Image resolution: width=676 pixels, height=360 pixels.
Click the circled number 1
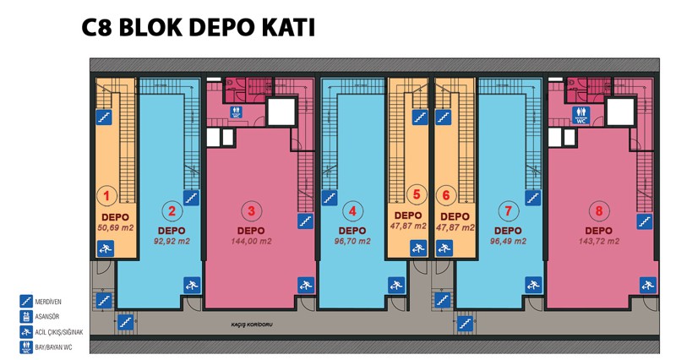point(106,196)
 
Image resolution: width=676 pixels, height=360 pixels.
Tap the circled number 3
point(251,211)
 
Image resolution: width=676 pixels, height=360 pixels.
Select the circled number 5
point(417,194)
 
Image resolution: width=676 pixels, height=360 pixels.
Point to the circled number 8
point(598,211)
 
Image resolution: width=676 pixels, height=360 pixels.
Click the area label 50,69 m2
point(115,227)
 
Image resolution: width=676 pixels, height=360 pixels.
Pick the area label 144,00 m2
point(251,242)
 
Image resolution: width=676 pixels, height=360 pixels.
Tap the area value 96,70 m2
point(352,242)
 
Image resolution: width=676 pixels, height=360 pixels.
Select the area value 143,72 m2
point(599,242)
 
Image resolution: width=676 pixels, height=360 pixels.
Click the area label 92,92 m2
point(172,242)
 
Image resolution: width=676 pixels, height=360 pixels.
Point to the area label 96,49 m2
point(508,242)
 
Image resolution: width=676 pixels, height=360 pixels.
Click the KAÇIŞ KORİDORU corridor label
point(252,325)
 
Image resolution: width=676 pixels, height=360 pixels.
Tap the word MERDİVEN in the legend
point(48,302)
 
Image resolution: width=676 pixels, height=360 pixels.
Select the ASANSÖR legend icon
point(26,316)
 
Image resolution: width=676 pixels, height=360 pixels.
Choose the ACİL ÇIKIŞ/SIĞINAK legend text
point(59,332)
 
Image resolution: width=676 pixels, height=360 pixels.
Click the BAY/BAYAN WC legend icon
point(26,347)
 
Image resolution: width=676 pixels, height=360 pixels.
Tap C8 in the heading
point(96,28)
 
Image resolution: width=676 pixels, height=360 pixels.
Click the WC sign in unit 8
point(581,115)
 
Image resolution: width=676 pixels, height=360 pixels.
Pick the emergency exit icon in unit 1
point(105,249)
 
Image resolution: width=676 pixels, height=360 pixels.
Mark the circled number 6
point(446,195)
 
